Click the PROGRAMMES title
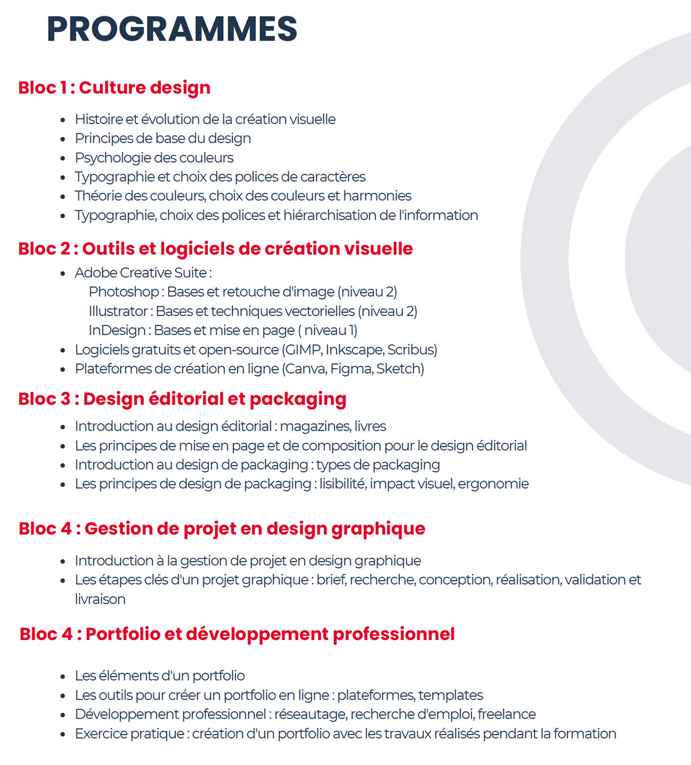[172, 29]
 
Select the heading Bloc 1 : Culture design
[114, 87]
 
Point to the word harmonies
[377, 196]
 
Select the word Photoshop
[124, 292]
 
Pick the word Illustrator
[118, 311]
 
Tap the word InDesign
[117, 330]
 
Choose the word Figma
[351, 369]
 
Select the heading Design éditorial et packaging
[215, 399]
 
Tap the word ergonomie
[493, 484]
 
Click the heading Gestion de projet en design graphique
[255, 529]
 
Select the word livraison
[100, 599]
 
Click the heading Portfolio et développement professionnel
[269, 634]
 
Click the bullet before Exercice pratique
[63, 734]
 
